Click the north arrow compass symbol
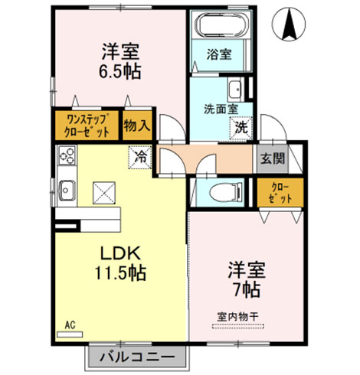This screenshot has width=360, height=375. [x=289, y=24]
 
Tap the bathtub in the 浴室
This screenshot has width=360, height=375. [x=220, y=25]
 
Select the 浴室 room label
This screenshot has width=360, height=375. [x=219, y=54]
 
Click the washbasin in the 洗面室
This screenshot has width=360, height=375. [x=235, y=90]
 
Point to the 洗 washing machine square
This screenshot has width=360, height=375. [x=241, y=128]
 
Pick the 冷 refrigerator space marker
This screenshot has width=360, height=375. [x=140, y=157]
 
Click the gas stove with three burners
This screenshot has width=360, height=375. [x=67, y=155]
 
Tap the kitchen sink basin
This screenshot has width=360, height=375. [x=67, y=190]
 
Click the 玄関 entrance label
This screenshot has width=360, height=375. [x=273, y=159]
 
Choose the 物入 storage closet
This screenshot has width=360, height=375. [x=137, y=126]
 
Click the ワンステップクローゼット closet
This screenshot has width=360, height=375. [x=87, y=126]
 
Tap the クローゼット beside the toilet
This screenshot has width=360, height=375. [x=280, y=193]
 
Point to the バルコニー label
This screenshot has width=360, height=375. [x=137, y=357]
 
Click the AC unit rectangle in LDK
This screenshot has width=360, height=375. [x=70, y=334]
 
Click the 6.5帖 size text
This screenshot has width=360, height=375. [x=120, y=71]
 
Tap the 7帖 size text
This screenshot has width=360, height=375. [x=247, y=289]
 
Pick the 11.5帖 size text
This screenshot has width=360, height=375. [x=120, y=273]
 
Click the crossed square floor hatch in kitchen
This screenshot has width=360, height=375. [x=104, y=193]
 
